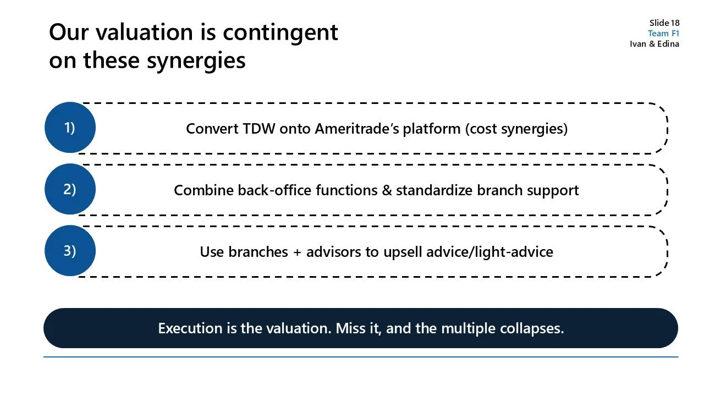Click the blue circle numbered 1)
pos(70,128)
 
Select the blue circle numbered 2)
pos(70,189)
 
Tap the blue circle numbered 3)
pos(70,251)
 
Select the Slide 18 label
pos(664,23)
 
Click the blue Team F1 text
pos(663,33)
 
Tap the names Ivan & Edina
pos(654,44)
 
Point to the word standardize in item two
pos(432,190)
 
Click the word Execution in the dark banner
pos(190,328)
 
